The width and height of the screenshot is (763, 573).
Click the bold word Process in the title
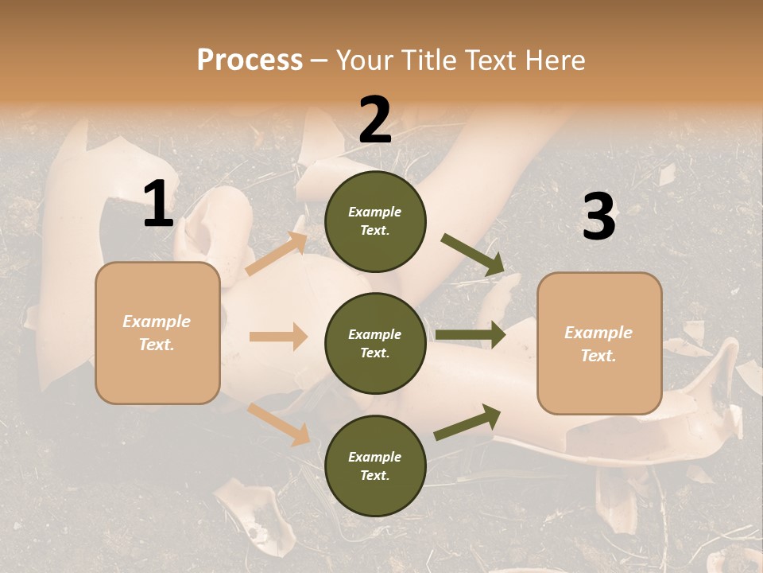click(x=250, y=60)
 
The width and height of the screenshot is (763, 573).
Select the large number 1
click(x=158, y=205)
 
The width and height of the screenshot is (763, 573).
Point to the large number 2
click(x=375, y=120)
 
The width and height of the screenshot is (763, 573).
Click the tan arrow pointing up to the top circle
click(x=277, y=254)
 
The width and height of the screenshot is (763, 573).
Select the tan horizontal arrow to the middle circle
click(x=278, y=337)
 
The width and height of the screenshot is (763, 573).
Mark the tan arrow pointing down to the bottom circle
click(x=279, y=423)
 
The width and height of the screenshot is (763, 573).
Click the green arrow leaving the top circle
click(x=473, y=255)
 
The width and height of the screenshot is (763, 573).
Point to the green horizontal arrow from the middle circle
click(x=471, y=335)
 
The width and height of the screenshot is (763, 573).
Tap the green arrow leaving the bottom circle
click(x=468, y=422)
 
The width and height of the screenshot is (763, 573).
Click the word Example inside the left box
click(x=157, y=322)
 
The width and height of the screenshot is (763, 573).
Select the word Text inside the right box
click(x=598, y=356)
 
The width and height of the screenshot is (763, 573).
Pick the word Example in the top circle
click(x=375, y=212)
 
